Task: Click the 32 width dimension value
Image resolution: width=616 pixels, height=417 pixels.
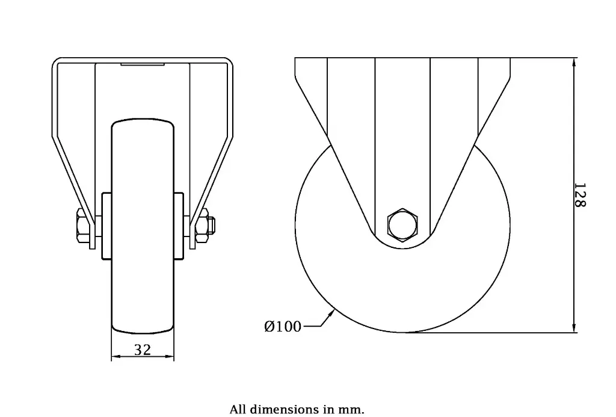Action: click(x=143, y=350)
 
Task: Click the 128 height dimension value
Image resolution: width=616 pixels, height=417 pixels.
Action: click(x=579, y=196)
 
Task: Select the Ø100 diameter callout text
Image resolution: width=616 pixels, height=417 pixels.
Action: click(x=283, y=327)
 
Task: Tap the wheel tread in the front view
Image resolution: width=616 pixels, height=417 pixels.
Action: click(x=143, y=277)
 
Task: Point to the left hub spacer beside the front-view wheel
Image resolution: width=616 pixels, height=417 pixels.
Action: click(x=106, y=226)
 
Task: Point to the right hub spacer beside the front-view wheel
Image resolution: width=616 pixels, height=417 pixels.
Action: click(x=179, y=226)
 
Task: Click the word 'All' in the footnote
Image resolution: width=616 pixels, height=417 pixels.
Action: click(x=238, y=410)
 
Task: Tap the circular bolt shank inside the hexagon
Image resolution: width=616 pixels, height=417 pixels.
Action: click(x=402, y=226)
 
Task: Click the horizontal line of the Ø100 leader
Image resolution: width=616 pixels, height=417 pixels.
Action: click(x=311, y=327)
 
